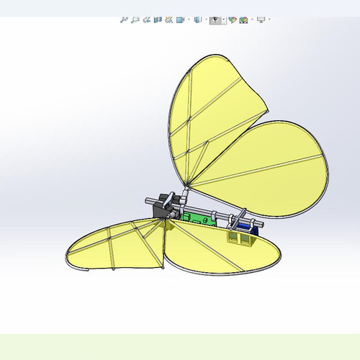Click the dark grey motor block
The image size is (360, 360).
coord(162,209)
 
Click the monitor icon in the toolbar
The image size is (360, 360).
coord(261,20)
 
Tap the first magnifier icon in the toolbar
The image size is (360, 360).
coord(125,20)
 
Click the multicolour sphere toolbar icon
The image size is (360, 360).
coord(243,20)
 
